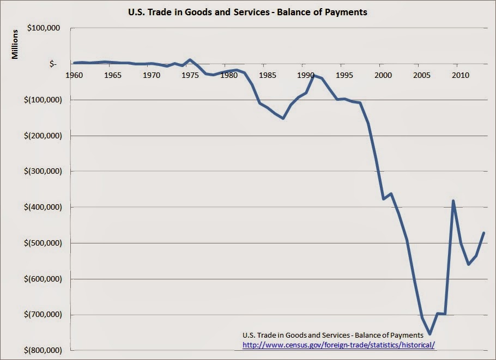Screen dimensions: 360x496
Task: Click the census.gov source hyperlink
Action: point(339,345)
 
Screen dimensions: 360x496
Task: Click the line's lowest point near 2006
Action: point(430,334)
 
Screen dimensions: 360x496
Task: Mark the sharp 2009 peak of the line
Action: point(453,201)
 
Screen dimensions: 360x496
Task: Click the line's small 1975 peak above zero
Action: point(190,59)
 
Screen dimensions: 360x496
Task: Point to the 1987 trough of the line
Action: point(283,118)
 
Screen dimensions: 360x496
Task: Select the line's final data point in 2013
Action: point(483,233)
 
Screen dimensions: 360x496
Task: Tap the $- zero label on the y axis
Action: point(53,64)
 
